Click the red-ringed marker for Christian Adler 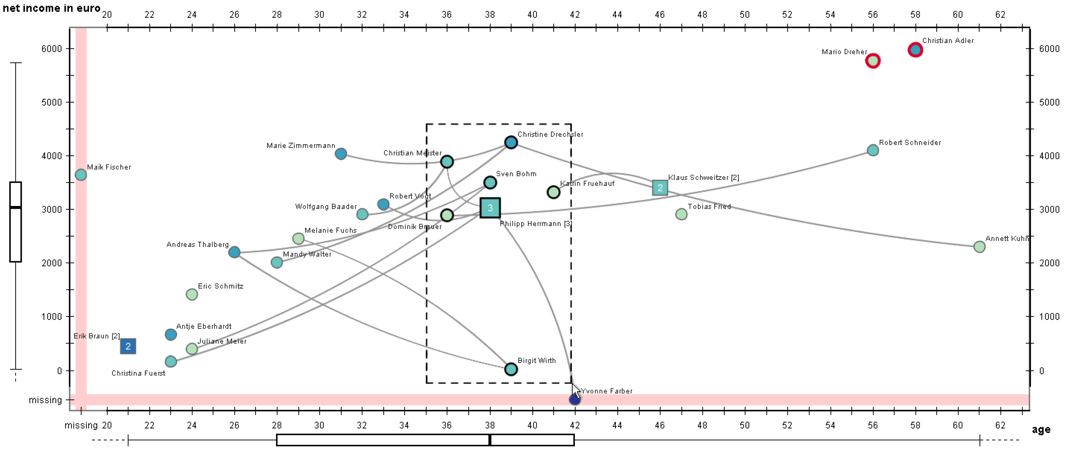[x=915, y=50]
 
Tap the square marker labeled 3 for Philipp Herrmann [x=490, y=208]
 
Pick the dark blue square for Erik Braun [x=128, y=346]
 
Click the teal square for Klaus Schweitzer [x=660, y=188]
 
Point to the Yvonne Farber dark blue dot [x=574, y=400]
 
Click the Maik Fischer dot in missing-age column [x=81, y=175]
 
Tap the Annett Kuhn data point [x=979, y=247]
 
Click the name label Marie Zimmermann [x=300, y=145]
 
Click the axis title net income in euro [x=51, y=8]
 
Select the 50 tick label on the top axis [x=744, y=15]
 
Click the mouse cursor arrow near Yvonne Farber [x=575, y=390]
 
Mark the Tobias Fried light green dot [x=681, y=214]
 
